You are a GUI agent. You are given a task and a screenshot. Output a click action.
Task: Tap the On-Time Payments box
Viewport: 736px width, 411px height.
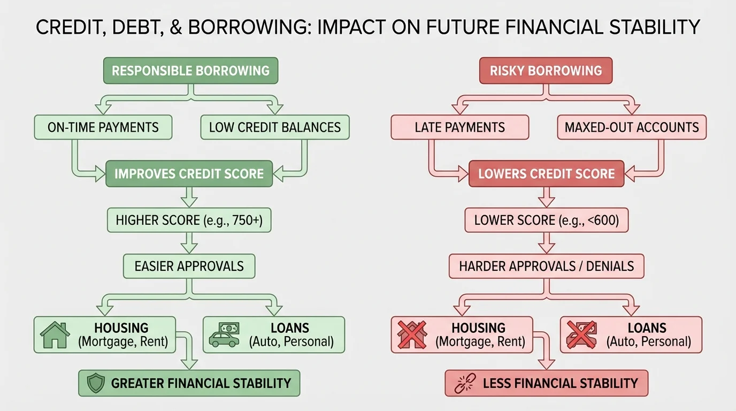click(103, 127)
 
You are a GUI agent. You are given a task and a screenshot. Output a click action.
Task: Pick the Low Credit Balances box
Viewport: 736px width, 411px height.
click(274, 127)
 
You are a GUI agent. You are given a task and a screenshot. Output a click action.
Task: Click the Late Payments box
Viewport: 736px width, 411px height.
click(459, 127)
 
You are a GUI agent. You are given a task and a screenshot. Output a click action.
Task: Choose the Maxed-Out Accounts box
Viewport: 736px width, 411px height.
click(632, 127)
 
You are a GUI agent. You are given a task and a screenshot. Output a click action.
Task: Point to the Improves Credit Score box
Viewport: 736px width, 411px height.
click(189, 173)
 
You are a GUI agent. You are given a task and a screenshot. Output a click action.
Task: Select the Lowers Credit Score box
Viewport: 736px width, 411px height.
click(546, 173)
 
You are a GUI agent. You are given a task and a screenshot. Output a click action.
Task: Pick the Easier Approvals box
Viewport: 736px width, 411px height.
click(189, 266)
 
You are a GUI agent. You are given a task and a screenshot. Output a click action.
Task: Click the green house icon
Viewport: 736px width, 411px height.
click(56, 334)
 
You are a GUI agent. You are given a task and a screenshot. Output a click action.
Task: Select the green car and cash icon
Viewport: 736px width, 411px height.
click(224, 334)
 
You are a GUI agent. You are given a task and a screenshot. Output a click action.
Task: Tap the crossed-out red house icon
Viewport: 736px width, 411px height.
click(412, 334)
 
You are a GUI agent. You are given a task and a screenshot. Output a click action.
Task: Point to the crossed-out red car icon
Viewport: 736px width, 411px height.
click(581, 334)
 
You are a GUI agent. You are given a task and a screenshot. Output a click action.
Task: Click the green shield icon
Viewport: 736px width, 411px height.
click(95, 383)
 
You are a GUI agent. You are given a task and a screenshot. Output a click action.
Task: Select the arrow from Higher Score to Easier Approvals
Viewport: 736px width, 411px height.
click(189, 243)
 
